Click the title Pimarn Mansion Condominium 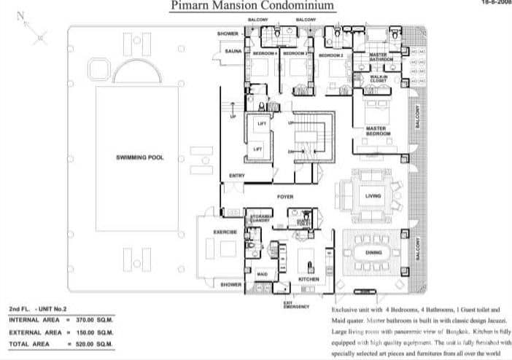point(253,7)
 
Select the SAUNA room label point(233,52)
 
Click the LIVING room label point(373,195)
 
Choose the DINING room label point(373,252)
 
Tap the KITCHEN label point(309,278)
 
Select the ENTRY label point(236,176)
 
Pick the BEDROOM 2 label point(331,55)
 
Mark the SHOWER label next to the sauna point(228,34)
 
